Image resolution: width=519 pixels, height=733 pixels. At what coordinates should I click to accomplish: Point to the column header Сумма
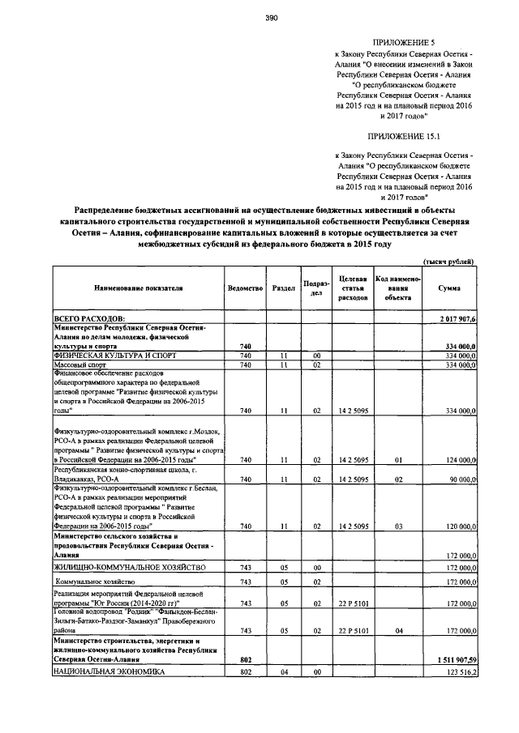tap(450, 288)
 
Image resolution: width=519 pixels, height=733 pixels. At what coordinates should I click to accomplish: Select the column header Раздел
tap(284, 288)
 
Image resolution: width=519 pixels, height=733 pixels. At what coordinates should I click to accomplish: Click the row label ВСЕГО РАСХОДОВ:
tap(90, 321)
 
